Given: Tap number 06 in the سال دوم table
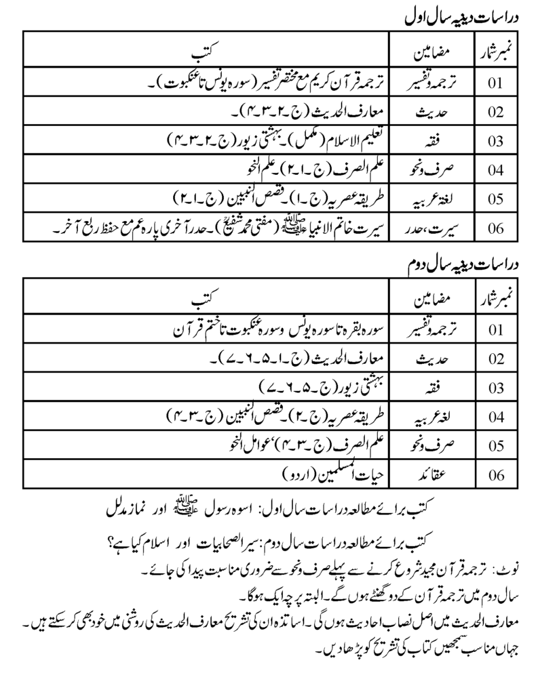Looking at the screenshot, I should coord(495,474).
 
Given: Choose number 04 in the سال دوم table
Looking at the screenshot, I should coord(495,416).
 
